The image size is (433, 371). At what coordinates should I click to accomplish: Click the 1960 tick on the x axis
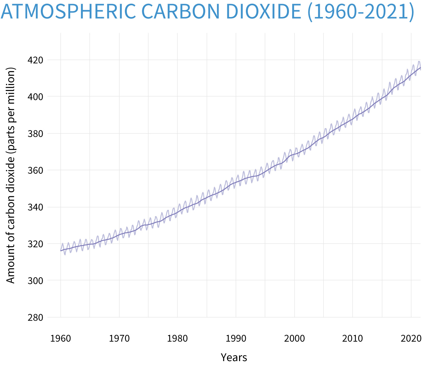(61, 339)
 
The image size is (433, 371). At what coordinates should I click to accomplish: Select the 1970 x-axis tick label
(119, 339)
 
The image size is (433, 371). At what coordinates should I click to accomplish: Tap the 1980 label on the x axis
(177, 339)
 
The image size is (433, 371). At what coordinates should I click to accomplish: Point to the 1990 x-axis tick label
(236, 339)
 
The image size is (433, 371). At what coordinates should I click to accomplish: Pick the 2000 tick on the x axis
(294, 339)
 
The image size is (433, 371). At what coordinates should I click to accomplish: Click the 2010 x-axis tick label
(353, 339)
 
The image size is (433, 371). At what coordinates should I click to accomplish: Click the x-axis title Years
(234, 358)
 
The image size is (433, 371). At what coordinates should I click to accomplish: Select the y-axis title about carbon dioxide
(11, 176)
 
